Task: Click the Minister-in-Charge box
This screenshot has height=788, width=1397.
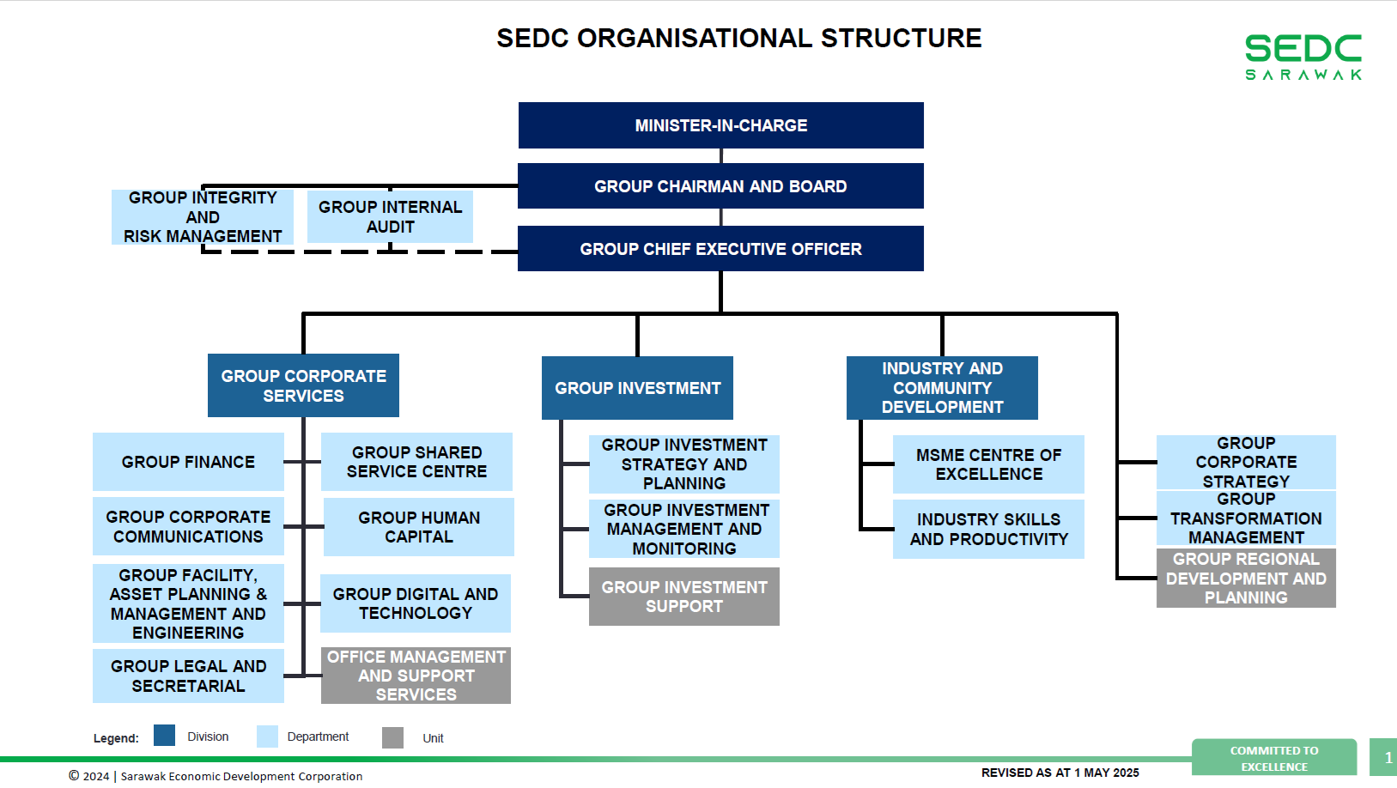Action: coord(721,125)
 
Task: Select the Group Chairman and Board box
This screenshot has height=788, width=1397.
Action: coord(721,185)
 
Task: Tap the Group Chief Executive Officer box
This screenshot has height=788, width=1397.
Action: coord(721,249)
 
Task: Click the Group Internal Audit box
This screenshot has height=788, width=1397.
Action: coord(390,216)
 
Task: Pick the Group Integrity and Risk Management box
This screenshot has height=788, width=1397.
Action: coord(203,217)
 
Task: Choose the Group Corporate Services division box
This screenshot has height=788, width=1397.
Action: coord(303,385)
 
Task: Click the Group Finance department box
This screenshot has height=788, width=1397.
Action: coord(188,462)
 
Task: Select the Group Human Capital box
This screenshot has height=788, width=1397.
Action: coord(419,527)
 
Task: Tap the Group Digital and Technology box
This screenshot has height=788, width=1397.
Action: coord(416,603)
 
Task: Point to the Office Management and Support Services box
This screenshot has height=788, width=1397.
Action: coord(416,676)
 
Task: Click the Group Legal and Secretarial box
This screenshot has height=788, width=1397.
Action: coord(188,676)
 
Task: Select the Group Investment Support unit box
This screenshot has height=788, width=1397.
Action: coord(684,597)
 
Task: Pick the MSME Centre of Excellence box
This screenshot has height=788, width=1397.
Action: coord(988,464)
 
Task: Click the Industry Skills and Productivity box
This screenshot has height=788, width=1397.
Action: coord(988,530)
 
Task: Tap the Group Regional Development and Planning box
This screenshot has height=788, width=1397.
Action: coord(1246,578)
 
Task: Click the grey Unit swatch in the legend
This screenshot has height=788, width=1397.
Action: coord(393,737)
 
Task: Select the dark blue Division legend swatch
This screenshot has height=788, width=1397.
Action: coord(164,735)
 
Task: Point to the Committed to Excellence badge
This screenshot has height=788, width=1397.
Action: coord(1274,757)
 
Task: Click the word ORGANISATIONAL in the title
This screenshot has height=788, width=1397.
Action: coord(695,38)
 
